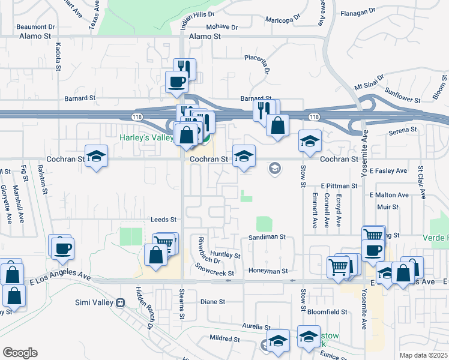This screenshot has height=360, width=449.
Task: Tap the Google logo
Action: (19, 352)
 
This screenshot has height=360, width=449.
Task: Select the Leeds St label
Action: (164, 220)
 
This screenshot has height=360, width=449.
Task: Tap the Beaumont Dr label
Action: (35, 27)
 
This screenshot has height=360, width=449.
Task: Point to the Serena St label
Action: (402, 130)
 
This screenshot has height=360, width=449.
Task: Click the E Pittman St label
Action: (339, 186)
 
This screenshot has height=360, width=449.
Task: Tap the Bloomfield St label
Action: (327, 312)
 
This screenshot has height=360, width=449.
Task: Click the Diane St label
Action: (212, 302)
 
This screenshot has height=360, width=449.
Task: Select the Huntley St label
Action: (225, 255)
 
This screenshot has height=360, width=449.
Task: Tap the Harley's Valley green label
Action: (145, 137)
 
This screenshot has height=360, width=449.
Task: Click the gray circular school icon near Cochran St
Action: (274, 168)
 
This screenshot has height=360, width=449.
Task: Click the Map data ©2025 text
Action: (422, 355)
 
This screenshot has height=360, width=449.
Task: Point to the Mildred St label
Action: (225, 339)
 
